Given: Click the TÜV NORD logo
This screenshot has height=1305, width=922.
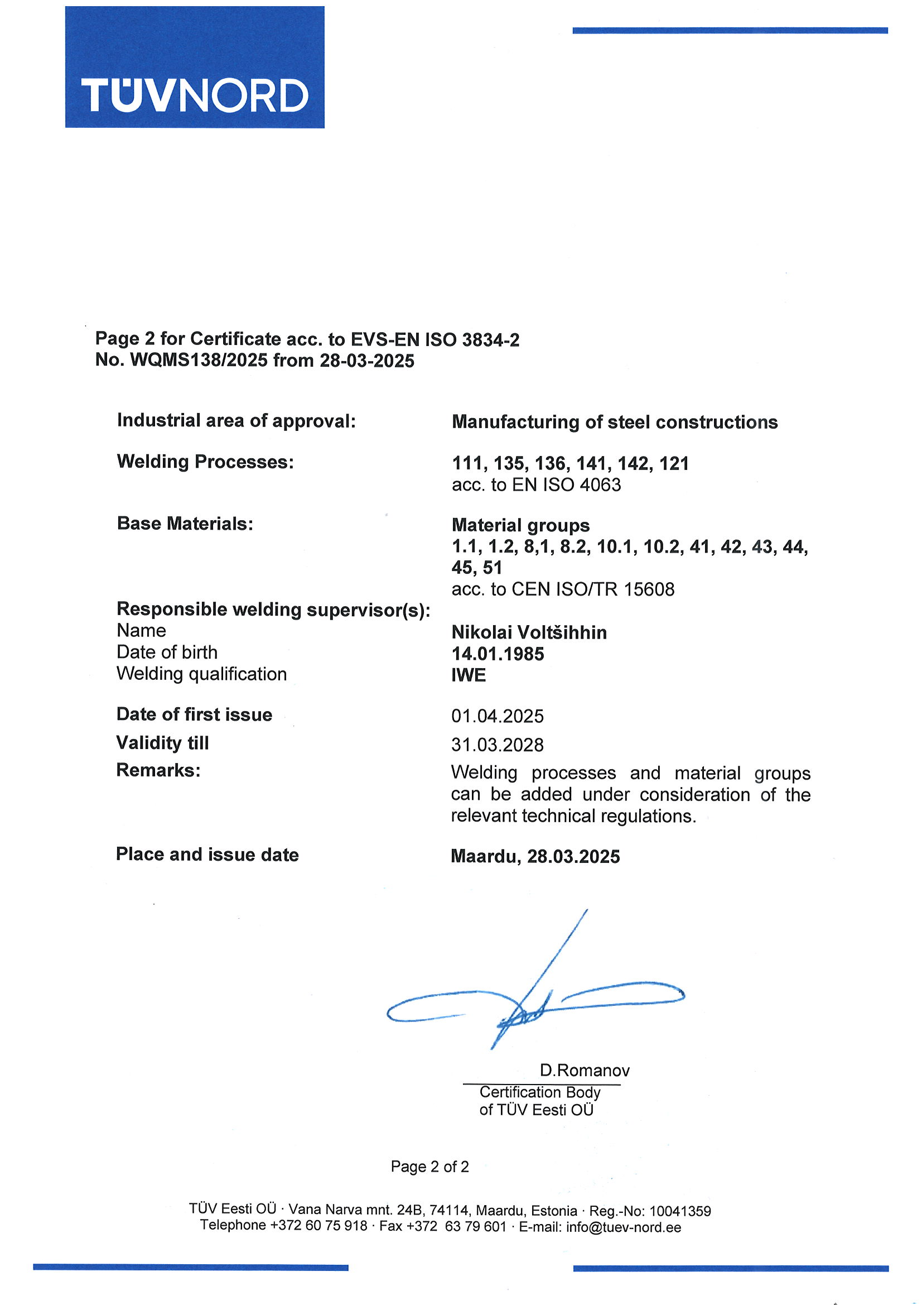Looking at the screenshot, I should (x=194, y=67).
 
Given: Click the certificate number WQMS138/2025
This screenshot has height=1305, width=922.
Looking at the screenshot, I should (x=199, y=361).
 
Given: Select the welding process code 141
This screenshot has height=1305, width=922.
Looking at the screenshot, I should (x=591, y=463).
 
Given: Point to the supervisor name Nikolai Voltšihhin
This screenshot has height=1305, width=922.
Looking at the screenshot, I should (x=529, y=632).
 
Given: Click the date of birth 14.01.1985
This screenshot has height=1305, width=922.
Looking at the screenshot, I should (x=498, y=654).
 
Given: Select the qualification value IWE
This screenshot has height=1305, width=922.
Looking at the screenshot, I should (x=469, y=675).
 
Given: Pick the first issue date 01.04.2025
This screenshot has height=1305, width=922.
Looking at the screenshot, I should (x=497, y=716).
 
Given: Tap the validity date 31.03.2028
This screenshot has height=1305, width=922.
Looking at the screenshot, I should (x=497, y=745).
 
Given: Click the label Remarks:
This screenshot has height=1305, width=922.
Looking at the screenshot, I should (x=158, y=770).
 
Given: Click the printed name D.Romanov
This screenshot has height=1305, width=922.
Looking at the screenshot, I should (x=585, y=1070).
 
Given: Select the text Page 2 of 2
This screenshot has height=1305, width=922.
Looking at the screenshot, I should (x=429, y=1167).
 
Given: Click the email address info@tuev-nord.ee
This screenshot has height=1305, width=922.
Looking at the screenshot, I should (x=623, y=1226).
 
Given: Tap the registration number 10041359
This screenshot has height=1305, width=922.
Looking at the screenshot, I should (x=680, y=1211).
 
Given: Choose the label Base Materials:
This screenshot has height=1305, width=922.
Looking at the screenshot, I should (x=185, y=524).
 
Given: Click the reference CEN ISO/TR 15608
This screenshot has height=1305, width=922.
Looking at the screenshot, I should (x=593, y=589).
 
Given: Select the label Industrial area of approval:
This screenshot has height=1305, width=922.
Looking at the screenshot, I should (x=236, y=421).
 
